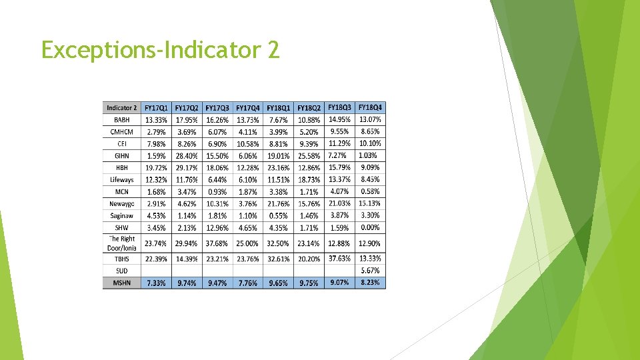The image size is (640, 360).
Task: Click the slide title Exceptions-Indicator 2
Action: point(160,49)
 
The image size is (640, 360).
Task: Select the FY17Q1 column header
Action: point(156,108)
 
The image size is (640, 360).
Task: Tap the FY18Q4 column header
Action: point(371,107)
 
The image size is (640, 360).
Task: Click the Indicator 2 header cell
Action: point(122,108)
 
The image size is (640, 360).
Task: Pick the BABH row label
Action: point(122,120)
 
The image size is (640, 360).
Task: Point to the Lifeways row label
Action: point(122,180)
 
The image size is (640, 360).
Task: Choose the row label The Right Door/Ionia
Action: point(122,243)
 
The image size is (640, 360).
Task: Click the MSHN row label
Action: point(122,283)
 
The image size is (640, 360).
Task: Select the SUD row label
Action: point(122,271)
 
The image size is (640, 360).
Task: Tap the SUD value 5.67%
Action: point(371,271)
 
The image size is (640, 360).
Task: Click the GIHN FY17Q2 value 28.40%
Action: point(187,156)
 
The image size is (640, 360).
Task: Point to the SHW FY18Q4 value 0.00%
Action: point(371,227)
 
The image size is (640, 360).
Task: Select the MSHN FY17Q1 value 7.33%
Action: point(156,283)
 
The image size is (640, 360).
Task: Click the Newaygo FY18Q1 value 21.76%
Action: point(279,204)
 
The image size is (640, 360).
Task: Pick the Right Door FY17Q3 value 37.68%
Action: point(217,243)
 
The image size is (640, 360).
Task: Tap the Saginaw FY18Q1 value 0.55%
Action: point(279,216)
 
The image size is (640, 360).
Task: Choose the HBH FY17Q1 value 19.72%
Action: point(156,168)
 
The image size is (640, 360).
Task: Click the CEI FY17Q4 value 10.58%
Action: point(248,144)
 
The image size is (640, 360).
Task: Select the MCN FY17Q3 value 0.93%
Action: point(217,192)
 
